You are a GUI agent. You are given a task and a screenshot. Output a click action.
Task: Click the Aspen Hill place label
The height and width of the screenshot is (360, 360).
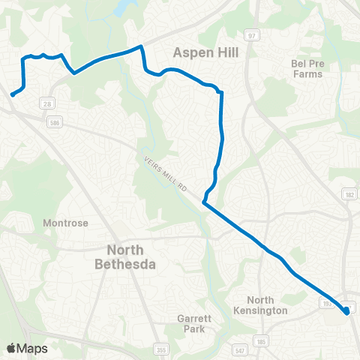tap(204, 52)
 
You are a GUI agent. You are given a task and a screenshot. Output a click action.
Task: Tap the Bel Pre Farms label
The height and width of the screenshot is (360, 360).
tap(307, 69)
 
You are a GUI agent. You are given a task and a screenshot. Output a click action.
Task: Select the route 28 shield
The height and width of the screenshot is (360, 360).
tap(47, 103)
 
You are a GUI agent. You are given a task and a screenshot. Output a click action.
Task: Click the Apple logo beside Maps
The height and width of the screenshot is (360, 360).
tap(11, 348)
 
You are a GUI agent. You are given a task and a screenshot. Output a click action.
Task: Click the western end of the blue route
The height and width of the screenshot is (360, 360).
tap(13, 94)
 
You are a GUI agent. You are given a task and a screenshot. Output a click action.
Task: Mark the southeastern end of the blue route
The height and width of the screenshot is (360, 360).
tap(348, 313)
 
